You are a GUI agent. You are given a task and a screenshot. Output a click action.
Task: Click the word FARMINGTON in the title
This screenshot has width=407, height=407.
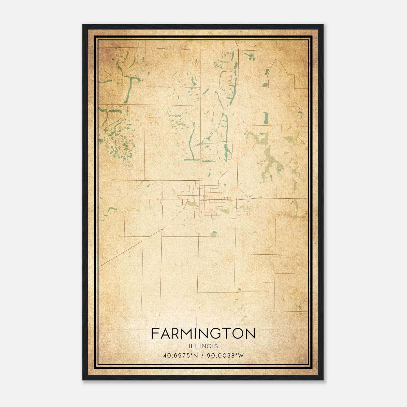point(203,333)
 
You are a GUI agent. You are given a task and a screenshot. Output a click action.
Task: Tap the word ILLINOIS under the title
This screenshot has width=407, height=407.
point(203,346)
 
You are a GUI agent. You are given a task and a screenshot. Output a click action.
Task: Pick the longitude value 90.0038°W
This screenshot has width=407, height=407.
point(225,356)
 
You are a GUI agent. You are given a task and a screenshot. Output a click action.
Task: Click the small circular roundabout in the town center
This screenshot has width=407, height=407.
point(204,196)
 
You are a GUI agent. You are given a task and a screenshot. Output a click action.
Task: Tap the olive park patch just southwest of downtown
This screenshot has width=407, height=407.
point(191,203)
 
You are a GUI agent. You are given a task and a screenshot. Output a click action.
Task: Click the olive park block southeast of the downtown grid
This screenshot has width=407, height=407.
point(225,210)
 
